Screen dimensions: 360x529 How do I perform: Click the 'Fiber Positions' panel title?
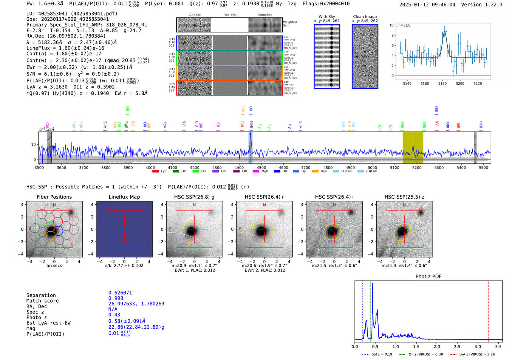(x=54, y=197)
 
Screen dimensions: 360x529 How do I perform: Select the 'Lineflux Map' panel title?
(x=124, y=197)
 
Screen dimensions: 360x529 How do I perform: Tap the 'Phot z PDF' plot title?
(x=428, y=277)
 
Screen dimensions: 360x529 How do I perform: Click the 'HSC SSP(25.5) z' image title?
(x=404, y=197)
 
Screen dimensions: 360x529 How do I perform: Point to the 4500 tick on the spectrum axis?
(x=261, y=167)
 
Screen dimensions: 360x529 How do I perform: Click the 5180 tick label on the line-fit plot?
(x=442, y=83)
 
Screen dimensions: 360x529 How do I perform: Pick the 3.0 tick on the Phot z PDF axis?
(x=478, y=346)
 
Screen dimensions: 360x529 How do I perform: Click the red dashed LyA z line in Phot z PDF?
(x=489, y=310)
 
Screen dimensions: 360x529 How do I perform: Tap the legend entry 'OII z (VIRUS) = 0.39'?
(x=421, y=354)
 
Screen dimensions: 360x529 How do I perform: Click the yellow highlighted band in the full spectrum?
(x=413, y=147)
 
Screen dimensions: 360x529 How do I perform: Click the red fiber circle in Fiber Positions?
(x=58, y=221)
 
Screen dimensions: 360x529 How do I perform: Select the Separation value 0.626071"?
(x=121, y=293)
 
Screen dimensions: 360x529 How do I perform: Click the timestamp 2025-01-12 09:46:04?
(x=427, y=5)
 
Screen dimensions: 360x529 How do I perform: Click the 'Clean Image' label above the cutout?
(x=365, y=17)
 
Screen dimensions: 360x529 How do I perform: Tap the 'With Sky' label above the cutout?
(x=326, y=17)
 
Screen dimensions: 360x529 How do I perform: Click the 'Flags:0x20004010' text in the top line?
(x=326, y=4)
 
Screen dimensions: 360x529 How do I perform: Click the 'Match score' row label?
(x=42, y=301)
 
